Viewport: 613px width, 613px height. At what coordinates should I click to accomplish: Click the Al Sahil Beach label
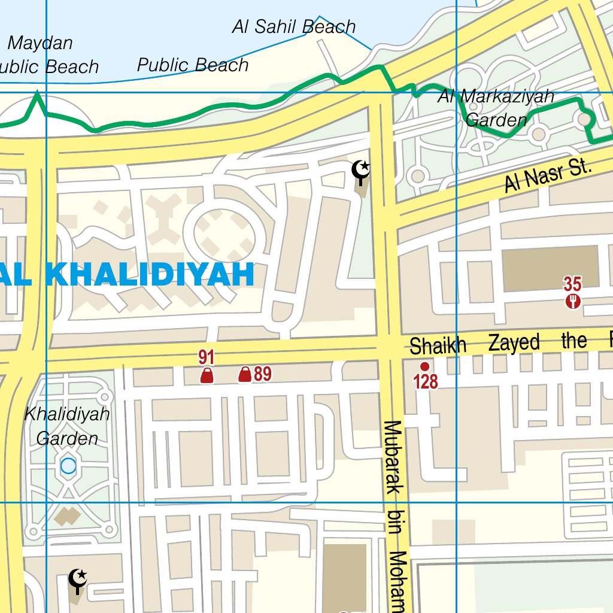pyautogui.click(x=294, y=27)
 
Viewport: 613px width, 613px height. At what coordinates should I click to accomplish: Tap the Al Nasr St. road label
pyautogui.click(x=548, y=176)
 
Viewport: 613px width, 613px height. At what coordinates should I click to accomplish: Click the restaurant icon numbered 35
pyautogui.click(x=573, y=301)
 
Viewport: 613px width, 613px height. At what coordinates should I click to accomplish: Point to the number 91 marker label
pyautogui.click(x=207, y=358)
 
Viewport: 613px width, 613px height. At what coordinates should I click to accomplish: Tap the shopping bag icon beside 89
pyautogui.click(x=244, y=375)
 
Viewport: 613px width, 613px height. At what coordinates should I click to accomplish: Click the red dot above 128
pyautogui.click(x=424, y=366)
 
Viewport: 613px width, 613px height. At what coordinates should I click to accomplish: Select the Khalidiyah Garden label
pyautogui.click(x=67, y=426)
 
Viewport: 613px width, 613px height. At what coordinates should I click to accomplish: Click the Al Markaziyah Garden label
pyautogui.click(x=496, y=108)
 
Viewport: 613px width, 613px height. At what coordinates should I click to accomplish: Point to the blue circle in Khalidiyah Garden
pyautogui.click(x=68, y=465)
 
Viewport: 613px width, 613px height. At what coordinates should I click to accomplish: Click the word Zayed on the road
pyautogui.click(x=514, y=343)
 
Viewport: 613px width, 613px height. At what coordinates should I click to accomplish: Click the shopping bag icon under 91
pyautogui.click(x=207, y=375)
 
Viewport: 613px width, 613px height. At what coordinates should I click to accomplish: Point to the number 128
pyautogui.click(x=426, y=381)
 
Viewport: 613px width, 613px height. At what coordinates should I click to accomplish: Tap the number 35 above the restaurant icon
pyautogui.click(x=572, y=284)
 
